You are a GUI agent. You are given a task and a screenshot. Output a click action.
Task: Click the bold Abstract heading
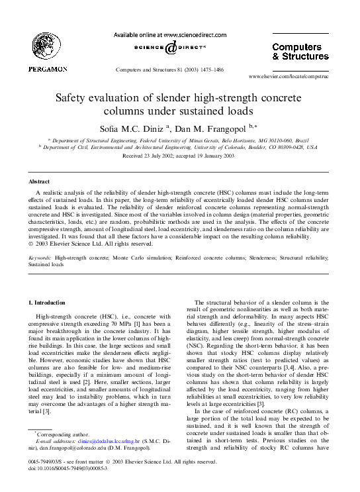[x=39, y=181]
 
